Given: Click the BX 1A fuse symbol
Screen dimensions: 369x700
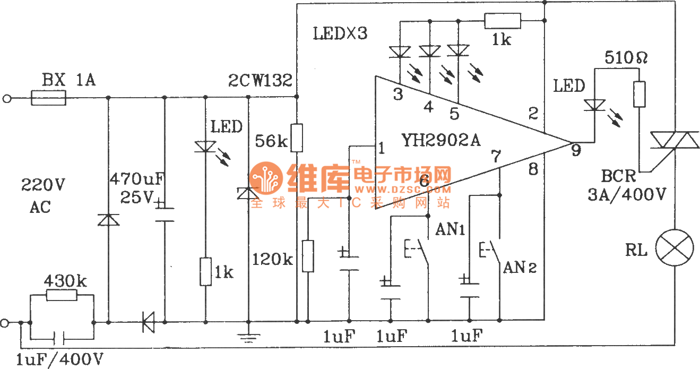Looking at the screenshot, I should [x=48, y=98].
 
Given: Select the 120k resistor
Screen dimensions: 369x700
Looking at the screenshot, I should [x=308, y=255].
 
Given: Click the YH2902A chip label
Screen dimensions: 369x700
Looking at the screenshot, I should [x=442, y=140].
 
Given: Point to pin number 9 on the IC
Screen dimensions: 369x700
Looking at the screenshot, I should [x=576, y=150].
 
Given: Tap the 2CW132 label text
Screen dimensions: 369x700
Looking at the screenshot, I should [x=260, y=81].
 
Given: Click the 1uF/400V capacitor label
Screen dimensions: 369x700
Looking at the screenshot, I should [x=59, y=359].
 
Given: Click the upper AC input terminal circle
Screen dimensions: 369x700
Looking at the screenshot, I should [x=7, y=98].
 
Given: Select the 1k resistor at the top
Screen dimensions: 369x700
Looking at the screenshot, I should [x=503, y=21].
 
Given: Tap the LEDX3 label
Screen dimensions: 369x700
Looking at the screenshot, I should [x=340, y=35].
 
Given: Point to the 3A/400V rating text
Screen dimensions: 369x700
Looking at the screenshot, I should [x=627, y=194].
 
